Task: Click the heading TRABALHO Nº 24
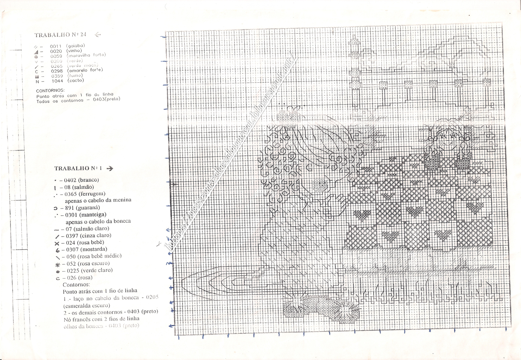[x=60, y=35]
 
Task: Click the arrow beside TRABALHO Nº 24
[x=98, y=35]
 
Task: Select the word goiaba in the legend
[x=75, y=46]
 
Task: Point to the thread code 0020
[x=56, y=51]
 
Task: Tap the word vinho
[x=74, y=51]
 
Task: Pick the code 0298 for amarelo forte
[x=57, y=71]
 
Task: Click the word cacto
[x=76, y=80]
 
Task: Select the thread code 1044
[x=57, y=81]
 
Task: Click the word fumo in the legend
[x=75, y=75]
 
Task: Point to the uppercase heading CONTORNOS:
[x=50, y=91]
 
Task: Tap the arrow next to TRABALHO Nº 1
[x=110, y=168]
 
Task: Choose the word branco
[x=89, y=180]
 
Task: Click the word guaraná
[x=88, y=208]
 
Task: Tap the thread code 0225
[x=73, y=270]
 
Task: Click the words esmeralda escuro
[x=86, y=305]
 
